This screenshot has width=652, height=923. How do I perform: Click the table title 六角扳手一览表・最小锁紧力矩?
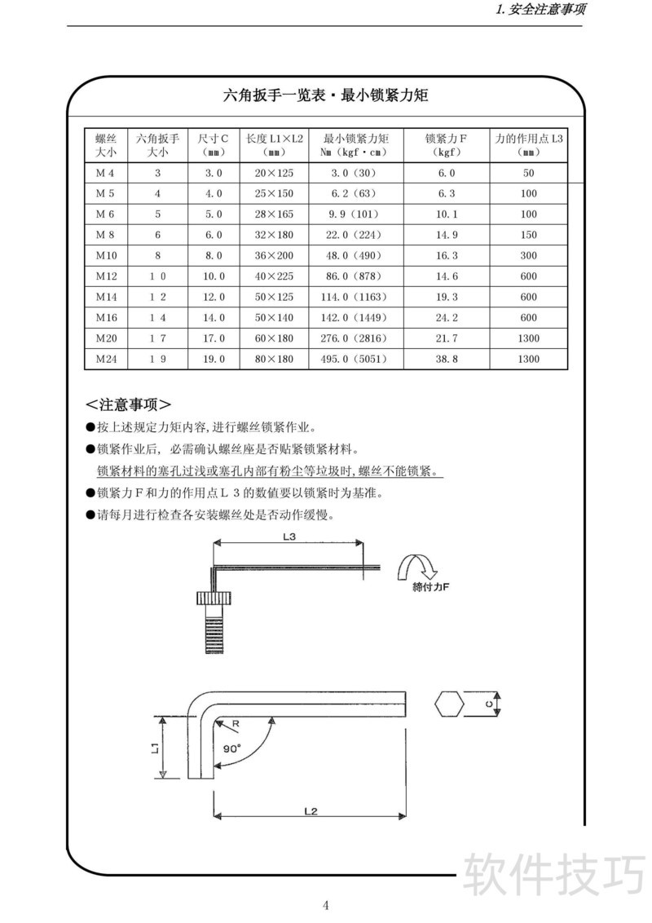[326, 95]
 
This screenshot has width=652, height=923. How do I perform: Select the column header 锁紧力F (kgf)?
[446, 145]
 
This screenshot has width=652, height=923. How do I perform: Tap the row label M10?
[106, 255]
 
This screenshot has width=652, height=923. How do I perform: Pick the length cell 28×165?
[274, 214]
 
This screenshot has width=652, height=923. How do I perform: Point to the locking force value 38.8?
[446, 359]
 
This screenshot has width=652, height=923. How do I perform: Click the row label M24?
[106, 359]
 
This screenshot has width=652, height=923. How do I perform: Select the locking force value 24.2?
[446, 317]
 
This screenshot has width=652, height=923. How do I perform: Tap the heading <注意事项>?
[128, 404]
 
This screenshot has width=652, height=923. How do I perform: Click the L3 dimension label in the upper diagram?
[289, 537]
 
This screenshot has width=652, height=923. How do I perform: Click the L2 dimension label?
[310, 811]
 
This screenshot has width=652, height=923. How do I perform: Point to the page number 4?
[326, 905]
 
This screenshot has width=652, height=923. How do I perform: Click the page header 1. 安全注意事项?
[540, 11]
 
